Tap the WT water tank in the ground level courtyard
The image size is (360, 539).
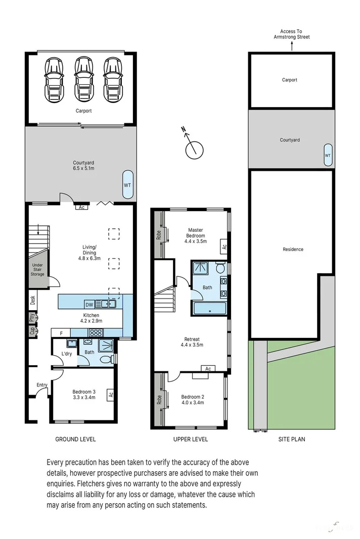pos(127,185)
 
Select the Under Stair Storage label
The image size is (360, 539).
pos(38,270)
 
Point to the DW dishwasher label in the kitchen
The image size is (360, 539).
pos(89,304)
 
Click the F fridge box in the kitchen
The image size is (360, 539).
pos(61,333)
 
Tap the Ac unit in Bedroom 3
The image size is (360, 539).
pos(110,395)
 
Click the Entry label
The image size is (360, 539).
pos(41,385)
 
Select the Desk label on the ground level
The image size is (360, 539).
pos(32,301)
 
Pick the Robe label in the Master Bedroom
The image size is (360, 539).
pos(158,234)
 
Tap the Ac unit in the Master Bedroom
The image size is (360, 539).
pos(223,247)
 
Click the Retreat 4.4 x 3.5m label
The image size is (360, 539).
pos(192,342)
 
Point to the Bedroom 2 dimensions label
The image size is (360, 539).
pos(193,403)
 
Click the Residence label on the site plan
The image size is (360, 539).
pos(293,249)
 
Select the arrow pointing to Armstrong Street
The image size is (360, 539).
pos(291,47)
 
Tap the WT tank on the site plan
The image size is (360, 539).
pos(327,155)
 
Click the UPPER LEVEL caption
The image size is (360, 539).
pos(191,439)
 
